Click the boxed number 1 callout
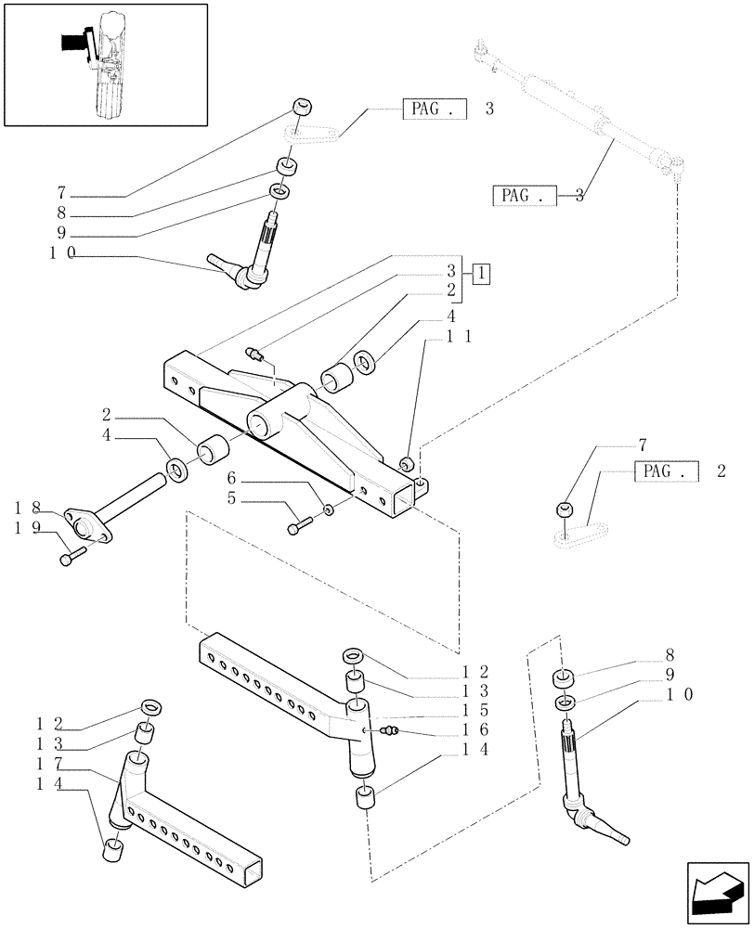(x=480, y=273)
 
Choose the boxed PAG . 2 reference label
(x=666, y=471)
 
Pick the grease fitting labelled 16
(x=390, y=731)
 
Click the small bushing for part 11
(x=406, y=462)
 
